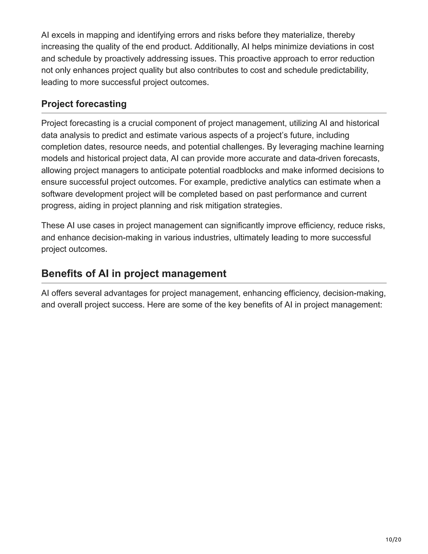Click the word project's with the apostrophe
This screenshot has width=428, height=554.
coord(272,135)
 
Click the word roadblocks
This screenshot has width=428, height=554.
coord(243,170)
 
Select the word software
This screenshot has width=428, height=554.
coord(57,194)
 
